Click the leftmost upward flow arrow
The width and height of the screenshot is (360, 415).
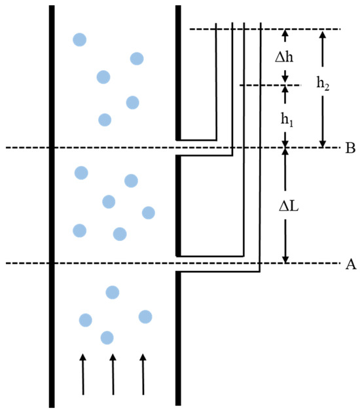(x=82, y=374)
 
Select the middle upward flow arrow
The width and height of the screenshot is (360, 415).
(x=113, y=374)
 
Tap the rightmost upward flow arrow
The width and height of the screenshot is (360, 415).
(x=143, y=374)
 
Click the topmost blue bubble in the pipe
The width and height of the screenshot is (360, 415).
(x=79, y=39)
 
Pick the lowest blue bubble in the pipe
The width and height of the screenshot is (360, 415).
(x=107, y=337)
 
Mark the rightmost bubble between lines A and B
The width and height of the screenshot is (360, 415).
(x=148, y=212)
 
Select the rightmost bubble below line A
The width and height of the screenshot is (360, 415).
(x=145, y=317)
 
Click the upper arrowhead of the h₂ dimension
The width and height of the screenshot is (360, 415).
(x=321, y=35)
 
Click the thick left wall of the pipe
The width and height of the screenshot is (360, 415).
(x=52, y=209)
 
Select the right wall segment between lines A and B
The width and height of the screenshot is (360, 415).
(x=177, y=206)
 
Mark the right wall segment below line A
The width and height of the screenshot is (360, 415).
(x=177, y=337)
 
